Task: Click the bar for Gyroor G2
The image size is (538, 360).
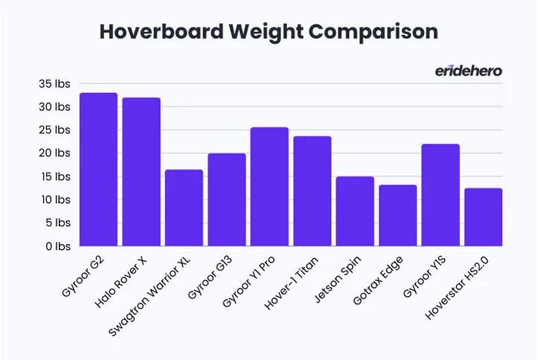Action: click(98, 170)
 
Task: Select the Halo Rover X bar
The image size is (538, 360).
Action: click(141, 172)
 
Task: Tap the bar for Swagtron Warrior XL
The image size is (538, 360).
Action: click(184, 208)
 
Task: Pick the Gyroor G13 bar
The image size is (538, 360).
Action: click(226, 199)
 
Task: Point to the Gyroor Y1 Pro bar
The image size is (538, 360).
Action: click(269, 187)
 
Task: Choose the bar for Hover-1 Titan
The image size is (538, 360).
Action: click(312, 191)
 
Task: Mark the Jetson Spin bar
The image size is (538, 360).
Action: click(355, 211)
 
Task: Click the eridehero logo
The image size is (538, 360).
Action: click(468, 71)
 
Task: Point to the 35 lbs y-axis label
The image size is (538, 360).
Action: click(54, 84)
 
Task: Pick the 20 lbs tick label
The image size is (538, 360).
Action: click(54, 153)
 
